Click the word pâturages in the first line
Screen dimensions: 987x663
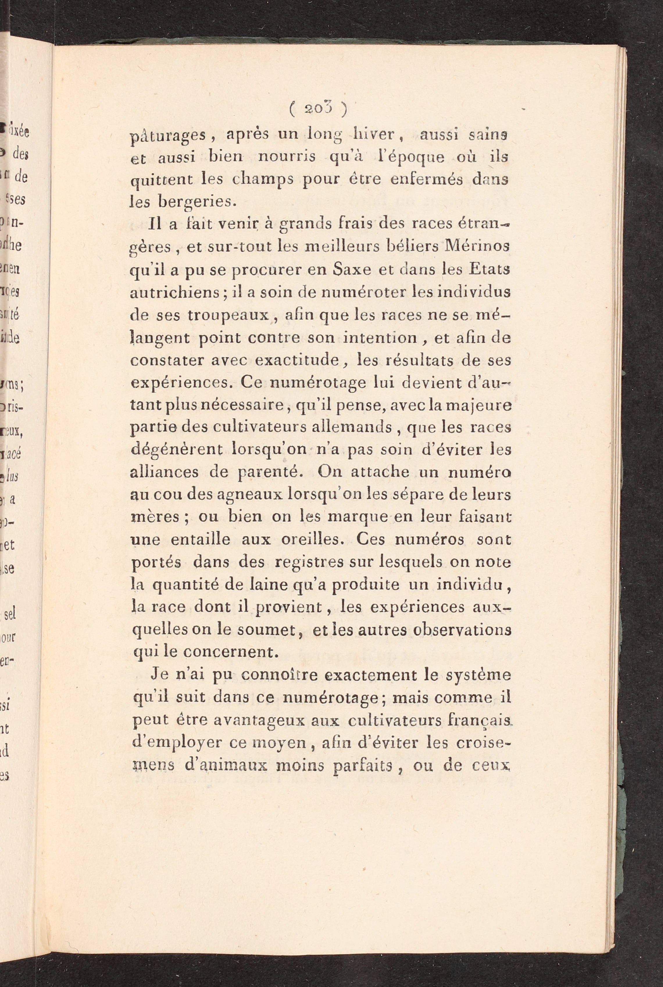coord(167,136)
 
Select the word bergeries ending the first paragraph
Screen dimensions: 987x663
coord(181,202)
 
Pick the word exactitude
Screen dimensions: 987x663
coord(295,360)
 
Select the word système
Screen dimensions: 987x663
coord(481,676)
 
